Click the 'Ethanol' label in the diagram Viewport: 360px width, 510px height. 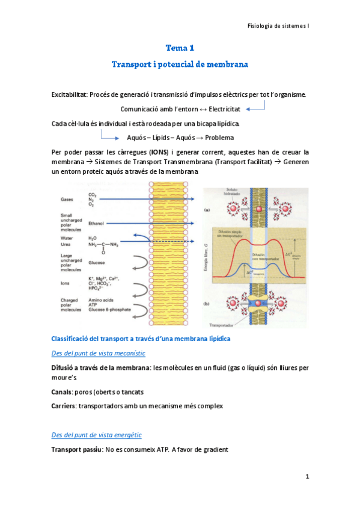[x=97, y=223]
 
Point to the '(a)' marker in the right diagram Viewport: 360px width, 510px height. [x=207, y=210]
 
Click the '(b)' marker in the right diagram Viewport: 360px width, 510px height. [x=207, y=304]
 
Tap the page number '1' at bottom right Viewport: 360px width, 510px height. [x=307, y=477]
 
